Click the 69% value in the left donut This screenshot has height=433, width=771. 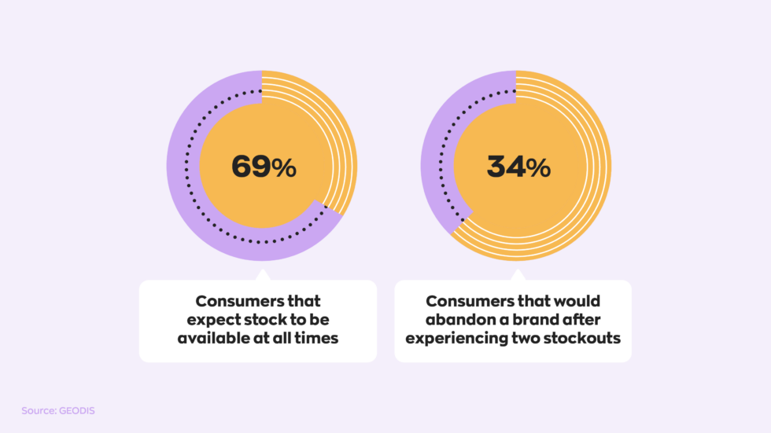pos(263,167)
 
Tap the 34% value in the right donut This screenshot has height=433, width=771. pos(518,167)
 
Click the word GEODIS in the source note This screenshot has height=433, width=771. pos(77,410)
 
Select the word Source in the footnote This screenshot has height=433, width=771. pos(39,410)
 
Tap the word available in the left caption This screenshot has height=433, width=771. pos(216,339)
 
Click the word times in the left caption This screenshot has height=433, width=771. pos(319,339)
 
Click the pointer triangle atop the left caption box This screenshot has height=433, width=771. pos(261,276)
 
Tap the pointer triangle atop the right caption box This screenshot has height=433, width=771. pos(517,276)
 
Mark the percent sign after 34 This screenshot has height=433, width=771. pos(540,167)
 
